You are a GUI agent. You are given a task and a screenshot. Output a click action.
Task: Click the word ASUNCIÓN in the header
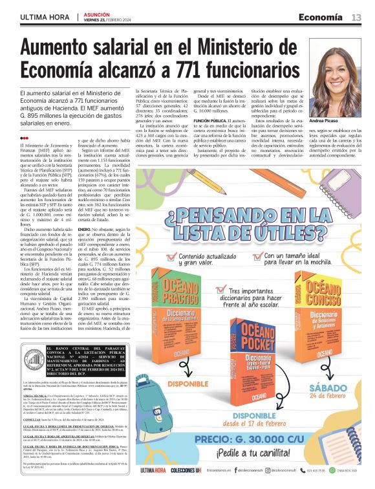(x=96, y=13)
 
